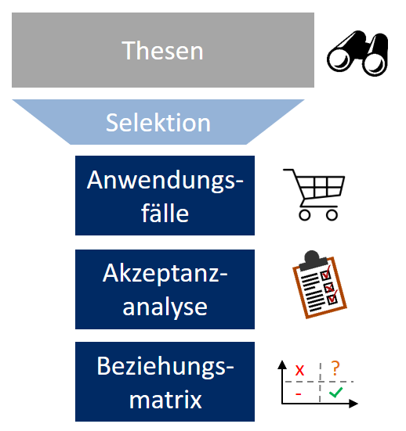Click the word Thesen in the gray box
coord(162,50)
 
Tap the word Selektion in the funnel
coord(158,123)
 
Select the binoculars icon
coord(358,54)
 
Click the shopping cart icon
coord(314,195)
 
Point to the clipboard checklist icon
coord(319,285)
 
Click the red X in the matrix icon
coord(299,370)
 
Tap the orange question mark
coord(335,368)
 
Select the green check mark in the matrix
coord(335,392)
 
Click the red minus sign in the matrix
coord(299,394)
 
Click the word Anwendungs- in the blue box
coord(165,180)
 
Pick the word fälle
coord(165,213)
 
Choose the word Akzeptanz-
coord(165,274)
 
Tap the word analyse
coord(165,307)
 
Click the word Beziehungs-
coord(165,366)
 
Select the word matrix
coord(165,400)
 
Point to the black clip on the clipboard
coord(314,260)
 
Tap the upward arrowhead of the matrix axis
coord(282,365)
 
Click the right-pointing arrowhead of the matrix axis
coord(353,404)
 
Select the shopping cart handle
coord(288,171)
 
